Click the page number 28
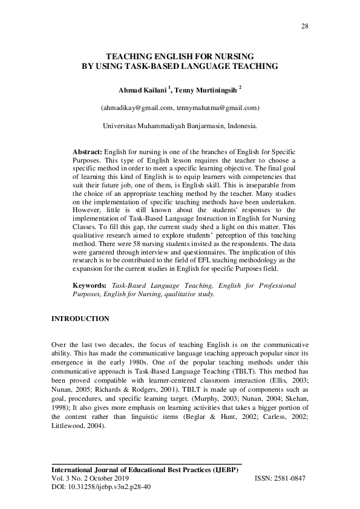(x=305, y=25)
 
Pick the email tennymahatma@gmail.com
(x=217, y=108)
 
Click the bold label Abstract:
(x=88, y=149)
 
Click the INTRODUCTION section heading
(x=80, y=318)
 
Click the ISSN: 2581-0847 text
(x=281, y=478)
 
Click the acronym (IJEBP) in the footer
(x=224, y=469)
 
